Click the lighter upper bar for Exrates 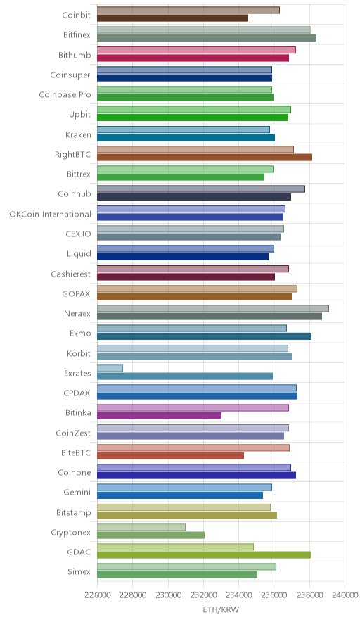(110, 368)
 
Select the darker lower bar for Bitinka (159, 416)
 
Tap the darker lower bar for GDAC (204, 555)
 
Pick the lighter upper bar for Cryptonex (141, 527)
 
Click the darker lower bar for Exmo (204, 336)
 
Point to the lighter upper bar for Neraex (213, 309)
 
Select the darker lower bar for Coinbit (172, 18)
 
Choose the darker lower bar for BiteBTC (170, 456)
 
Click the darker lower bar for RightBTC (205, 158)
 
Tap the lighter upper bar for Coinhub (201, 189)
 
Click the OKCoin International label (51, 214)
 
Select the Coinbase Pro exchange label (65, 95)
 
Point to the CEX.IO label (78, 234)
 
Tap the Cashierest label (70, 274)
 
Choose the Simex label (79, 572)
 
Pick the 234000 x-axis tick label (238, 595)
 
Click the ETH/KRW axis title (221, 610)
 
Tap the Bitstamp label (73, 513)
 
